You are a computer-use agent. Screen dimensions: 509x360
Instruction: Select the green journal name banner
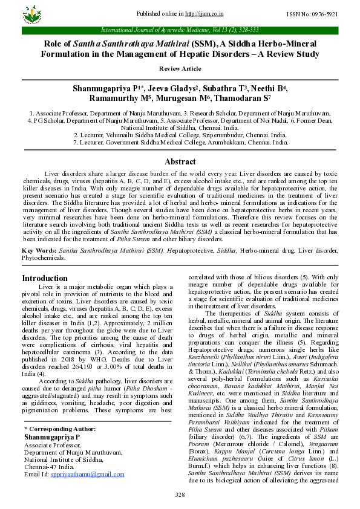point(180,30)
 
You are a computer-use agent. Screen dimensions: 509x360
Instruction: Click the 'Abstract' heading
point(180,161)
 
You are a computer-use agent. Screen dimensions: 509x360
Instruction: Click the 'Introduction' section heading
point(45,278)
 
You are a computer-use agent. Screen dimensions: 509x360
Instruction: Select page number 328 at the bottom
point(180,495)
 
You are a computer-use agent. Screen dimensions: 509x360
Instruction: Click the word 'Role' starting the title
point(56,44)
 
